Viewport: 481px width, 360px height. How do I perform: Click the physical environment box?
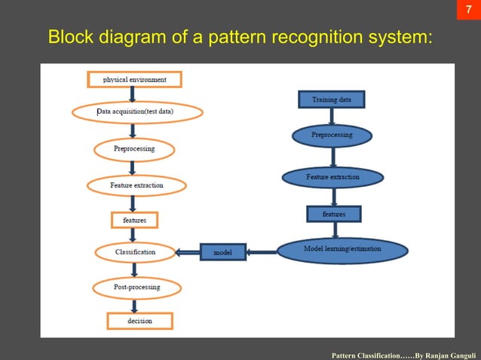(135, 79)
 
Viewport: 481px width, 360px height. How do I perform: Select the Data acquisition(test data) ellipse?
(137, 112)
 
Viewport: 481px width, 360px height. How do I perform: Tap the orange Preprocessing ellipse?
(134, 148)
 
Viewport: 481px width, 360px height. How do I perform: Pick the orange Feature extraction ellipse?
(136, 185)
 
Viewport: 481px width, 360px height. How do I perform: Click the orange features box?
(135, 220)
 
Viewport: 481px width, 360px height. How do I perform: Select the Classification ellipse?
(135, 252)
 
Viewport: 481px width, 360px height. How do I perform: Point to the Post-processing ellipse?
(136, 287)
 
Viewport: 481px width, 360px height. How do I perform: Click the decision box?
(139, 321)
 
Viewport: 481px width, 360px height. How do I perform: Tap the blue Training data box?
(332, 99)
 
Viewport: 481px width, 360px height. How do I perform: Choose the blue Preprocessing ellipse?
(332, 136)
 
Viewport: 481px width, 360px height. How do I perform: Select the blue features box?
(334, 215)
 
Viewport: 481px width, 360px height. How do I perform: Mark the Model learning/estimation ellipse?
(342, 250)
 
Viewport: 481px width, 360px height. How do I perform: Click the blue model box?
(223, 252)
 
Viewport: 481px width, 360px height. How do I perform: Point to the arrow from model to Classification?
(187, 252)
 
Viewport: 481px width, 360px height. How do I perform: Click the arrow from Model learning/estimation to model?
(262, 252)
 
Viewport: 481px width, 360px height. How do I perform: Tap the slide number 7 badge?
(468, 12)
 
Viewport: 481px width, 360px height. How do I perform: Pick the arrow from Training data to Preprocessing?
(332, 117)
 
